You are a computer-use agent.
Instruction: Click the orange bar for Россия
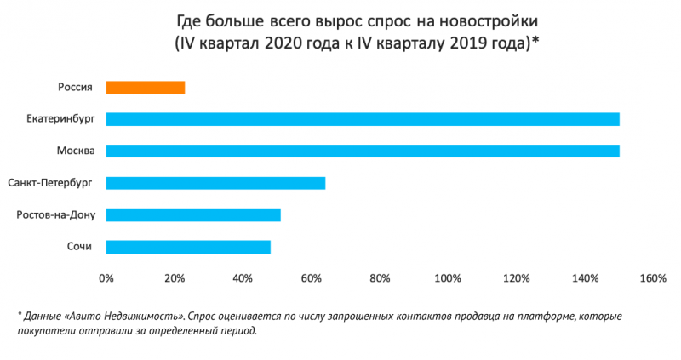[x=146, y=87]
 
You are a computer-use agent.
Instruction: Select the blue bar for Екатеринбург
[x=363, y=118]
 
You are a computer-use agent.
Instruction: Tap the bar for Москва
[x=363, y=151]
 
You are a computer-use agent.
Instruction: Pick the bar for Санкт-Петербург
[x=215, y=183]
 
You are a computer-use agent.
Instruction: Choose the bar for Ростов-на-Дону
[x=193, y=214]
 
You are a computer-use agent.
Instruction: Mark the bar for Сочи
[x=188, y=247]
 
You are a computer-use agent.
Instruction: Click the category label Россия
[x=75, y=87]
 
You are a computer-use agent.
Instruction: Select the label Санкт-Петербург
[x=49, y=183]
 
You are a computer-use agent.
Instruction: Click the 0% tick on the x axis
[x=106, y=278]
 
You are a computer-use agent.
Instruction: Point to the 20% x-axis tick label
[x=175, y=278]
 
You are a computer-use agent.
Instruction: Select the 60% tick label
[x=312, y=278]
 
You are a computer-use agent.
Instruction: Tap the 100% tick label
[x=448, y=278]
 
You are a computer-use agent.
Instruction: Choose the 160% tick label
[x=652, y=278]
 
